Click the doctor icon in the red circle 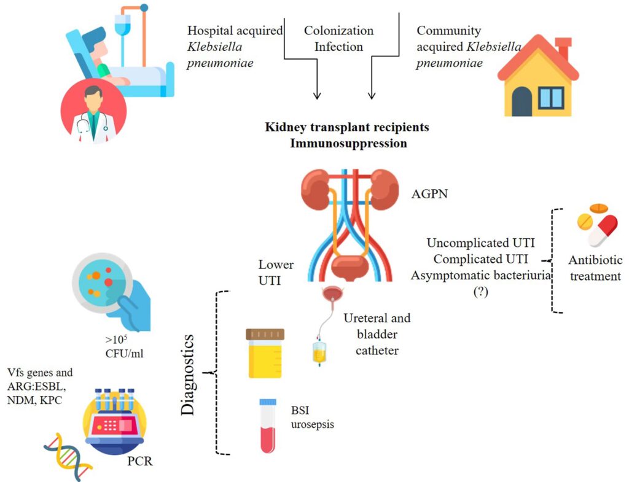tap(93, 111)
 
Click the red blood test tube tap(268, 426)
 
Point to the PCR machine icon tap(114, 418)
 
